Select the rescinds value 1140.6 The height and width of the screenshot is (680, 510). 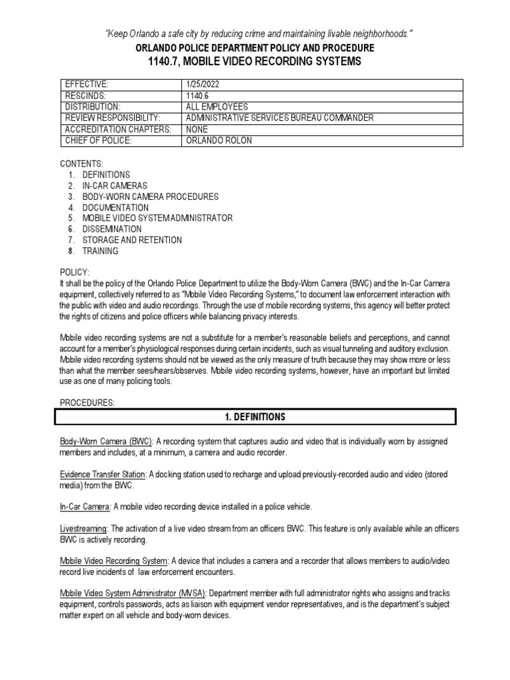[x=199, y=96]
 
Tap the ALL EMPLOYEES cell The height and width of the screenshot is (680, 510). [x=217, y=106]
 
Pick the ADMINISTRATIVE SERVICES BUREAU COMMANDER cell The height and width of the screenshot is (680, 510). [x=280, y=118]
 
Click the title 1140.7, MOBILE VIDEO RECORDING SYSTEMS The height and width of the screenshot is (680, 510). [x=255, y=61]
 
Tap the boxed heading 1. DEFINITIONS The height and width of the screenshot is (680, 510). [x=255, y=417]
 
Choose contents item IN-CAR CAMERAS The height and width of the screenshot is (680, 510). [x=115, y=186]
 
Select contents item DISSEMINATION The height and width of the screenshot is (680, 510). [x=112, y=229]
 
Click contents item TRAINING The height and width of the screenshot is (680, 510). [x=100, y=251]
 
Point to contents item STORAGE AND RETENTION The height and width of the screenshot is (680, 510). [x=131, y=240]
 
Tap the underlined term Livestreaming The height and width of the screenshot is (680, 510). [x=84, y=528]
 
